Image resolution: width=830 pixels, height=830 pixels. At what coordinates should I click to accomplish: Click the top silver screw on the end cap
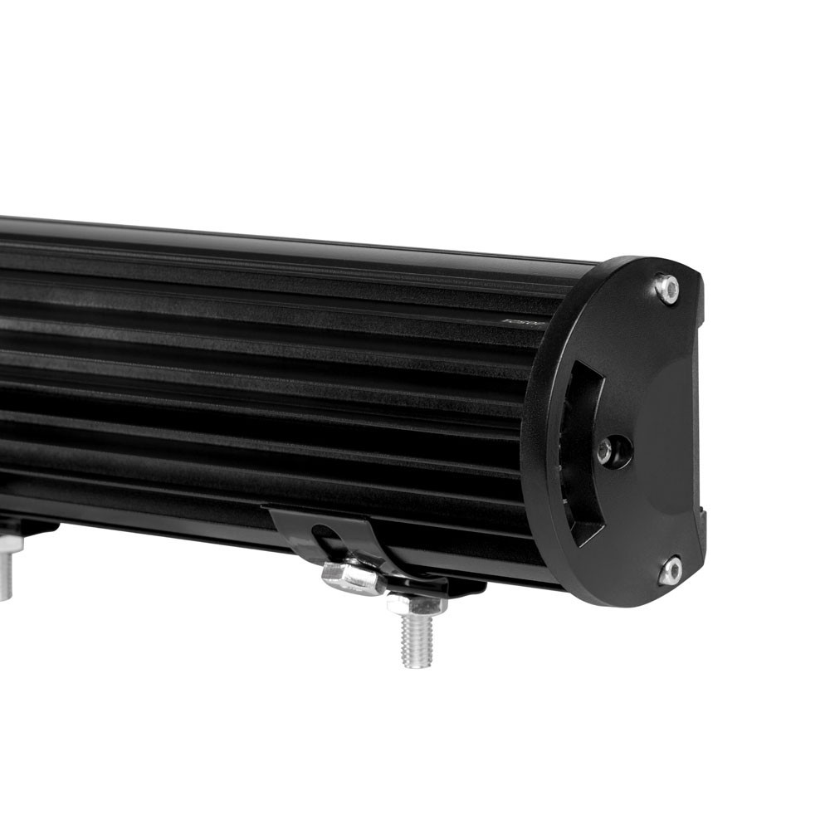(666, 288)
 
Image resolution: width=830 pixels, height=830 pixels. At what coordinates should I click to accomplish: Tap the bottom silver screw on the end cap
(671, 570)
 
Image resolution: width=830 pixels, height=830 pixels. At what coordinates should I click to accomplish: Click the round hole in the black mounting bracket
(326, 535)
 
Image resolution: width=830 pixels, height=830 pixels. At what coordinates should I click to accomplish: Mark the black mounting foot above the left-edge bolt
(25, 527)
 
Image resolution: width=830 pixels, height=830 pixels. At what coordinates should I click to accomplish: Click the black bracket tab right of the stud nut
(465, 588)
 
